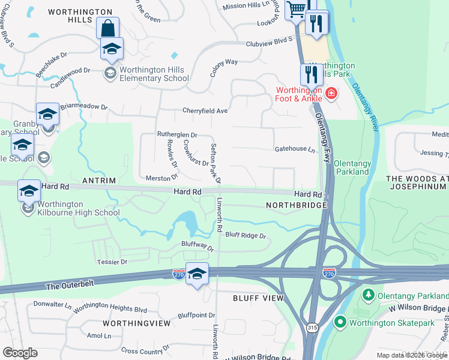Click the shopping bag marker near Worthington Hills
107,28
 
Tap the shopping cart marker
296,10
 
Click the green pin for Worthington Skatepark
341,323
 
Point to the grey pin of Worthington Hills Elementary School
110,73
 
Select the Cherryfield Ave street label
205,111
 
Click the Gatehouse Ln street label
295,149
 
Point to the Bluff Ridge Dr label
246,235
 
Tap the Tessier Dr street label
112,262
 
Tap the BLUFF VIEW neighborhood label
258,298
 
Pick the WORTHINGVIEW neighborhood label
136,323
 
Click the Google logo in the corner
20,353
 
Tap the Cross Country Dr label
146,351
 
